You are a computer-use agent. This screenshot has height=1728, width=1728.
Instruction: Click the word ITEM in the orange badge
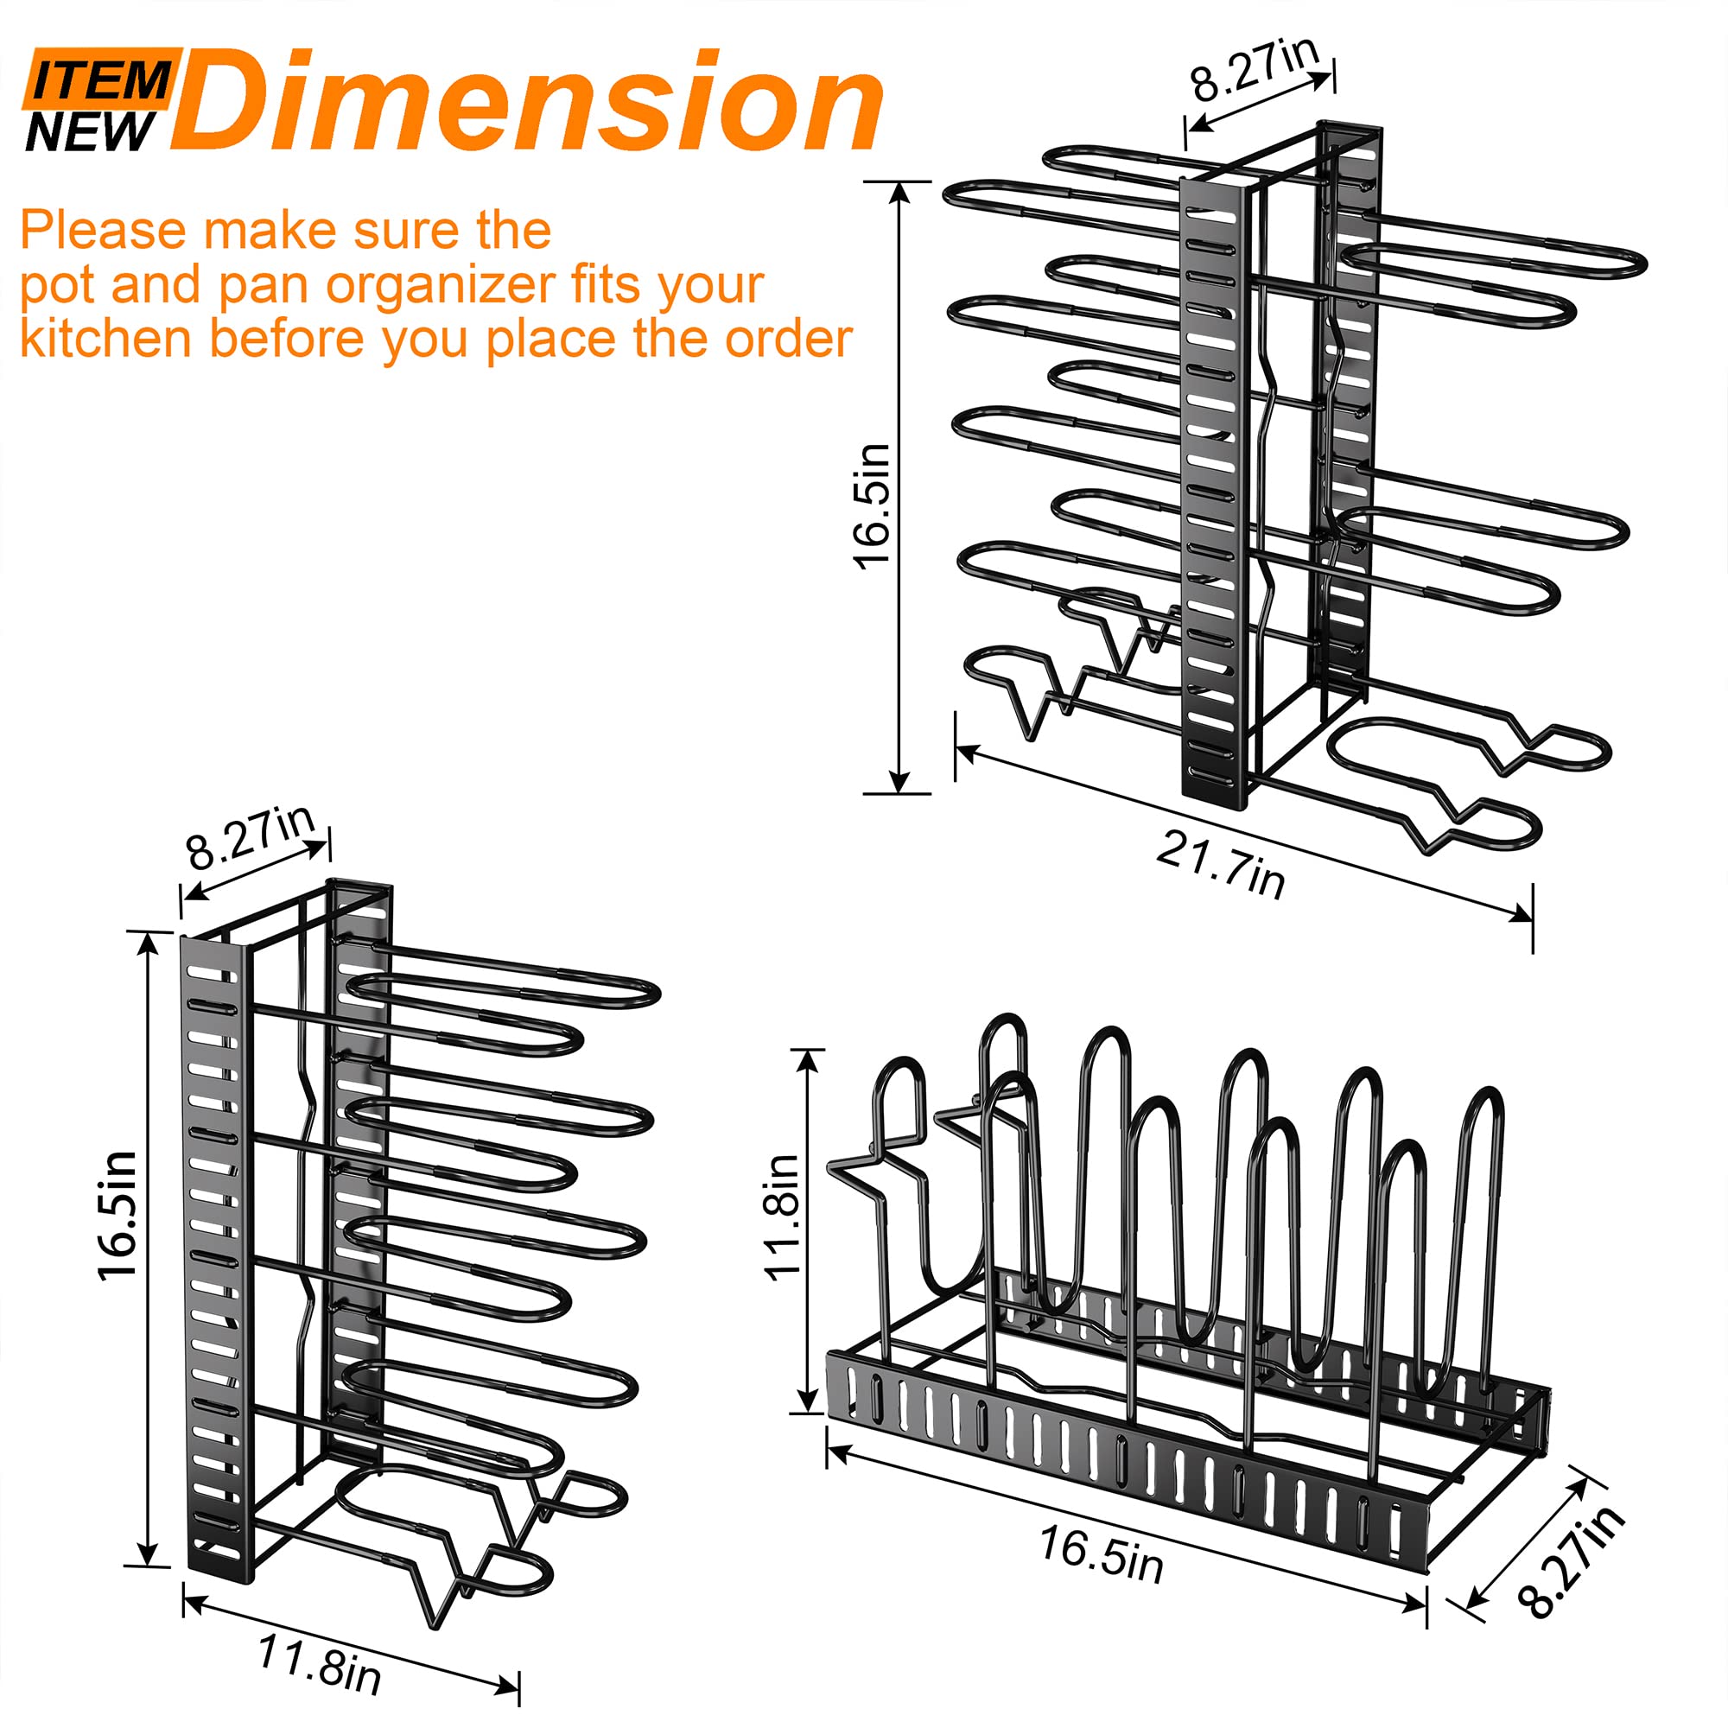(x=100, y=80)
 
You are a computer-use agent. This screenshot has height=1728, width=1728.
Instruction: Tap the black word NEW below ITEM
(x=92, y=131)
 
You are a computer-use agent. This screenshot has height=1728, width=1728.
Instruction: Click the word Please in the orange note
(x=93, y=231)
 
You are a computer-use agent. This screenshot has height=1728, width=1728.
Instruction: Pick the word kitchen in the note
(x=106, y=339)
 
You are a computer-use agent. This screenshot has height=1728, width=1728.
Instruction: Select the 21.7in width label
(x=1221, y=863)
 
